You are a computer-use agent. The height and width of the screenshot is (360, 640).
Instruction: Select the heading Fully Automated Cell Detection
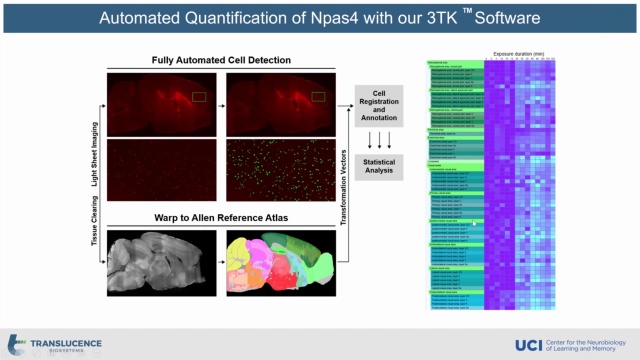click(221, 60)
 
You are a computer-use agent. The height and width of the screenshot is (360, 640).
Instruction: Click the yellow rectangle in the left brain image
click(198, 96)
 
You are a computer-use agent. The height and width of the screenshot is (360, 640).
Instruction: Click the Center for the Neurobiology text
click(590, 340)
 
